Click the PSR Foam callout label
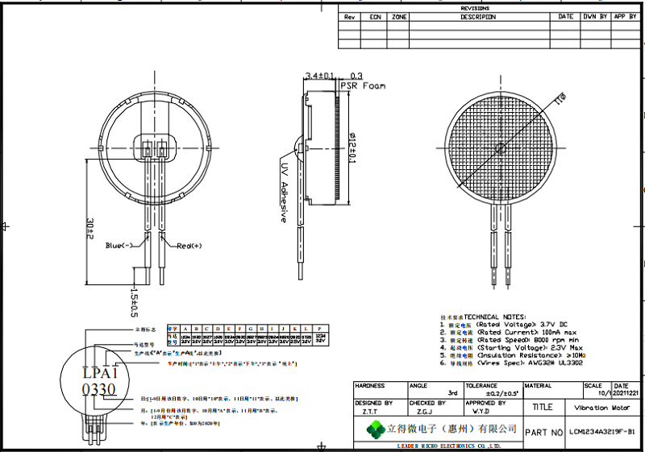coord(364,85)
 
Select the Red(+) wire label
coord(189,245)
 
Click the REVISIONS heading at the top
coord(475,8)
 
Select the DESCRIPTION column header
coord(478,17)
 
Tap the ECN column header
coord(375,17)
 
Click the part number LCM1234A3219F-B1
coord(601,433)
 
